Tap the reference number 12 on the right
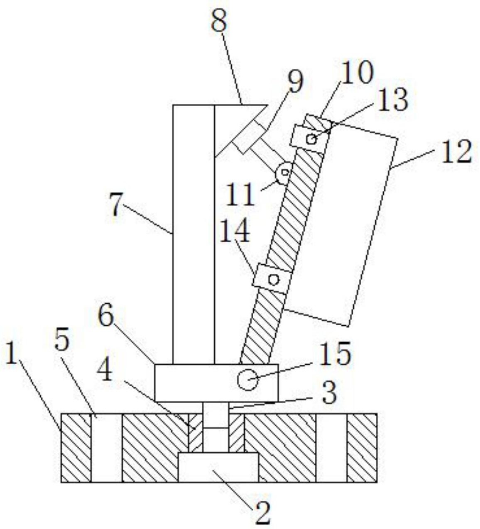[x=456, y=152]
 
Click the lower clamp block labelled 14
[x=272, y=279]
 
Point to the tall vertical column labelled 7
[x=193, y=234]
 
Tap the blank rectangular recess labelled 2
[x=218, y=466]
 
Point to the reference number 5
[x=62, y=341]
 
